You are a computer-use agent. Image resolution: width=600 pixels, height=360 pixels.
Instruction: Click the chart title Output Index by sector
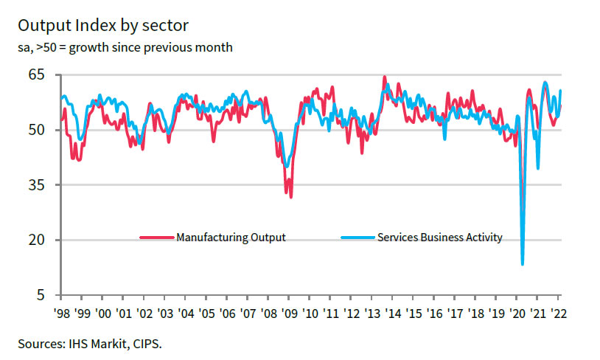pos(103,26)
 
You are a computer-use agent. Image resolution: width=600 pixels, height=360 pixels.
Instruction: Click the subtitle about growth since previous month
pos(125,48)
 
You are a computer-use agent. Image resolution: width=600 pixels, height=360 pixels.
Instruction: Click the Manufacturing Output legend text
pos(231,238)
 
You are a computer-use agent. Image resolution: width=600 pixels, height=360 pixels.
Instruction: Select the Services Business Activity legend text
pos(440,238)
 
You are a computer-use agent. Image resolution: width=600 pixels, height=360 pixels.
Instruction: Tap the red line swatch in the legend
pos(157,238)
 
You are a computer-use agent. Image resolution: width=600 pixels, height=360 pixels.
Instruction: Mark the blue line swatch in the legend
pos(358,238)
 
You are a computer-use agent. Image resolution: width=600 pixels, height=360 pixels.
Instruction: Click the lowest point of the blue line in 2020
pos(523,264)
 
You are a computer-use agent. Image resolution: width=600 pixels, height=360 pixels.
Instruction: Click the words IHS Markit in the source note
pos(95,343)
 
